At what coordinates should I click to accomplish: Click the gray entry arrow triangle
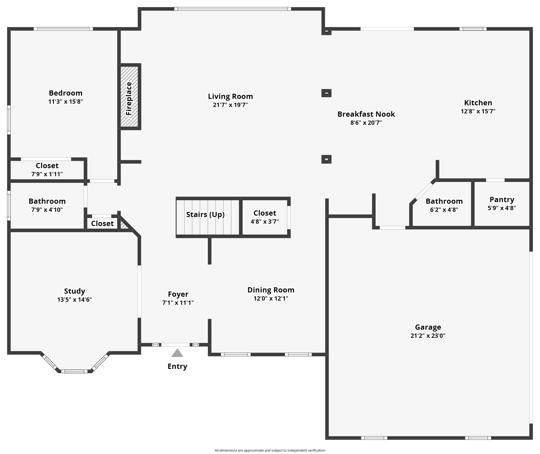(177, 353)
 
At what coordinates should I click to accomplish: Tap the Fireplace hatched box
(129, 97)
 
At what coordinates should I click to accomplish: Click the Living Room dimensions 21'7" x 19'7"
(230, 105)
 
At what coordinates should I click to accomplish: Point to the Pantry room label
(502, 199)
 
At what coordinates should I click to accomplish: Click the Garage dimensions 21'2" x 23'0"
(428, 336)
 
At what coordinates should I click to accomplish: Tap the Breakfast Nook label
(366, 114)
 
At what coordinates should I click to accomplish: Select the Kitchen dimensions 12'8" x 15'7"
(478, 111)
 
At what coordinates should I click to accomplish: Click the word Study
(74, 291)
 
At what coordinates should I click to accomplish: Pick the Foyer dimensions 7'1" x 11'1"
(178, 303)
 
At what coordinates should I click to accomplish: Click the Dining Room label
(271, 290)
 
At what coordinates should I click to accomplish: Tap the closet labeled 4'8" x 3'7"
(265, 217)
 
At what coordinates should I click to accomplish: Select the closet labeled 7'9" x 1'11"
(47, 170)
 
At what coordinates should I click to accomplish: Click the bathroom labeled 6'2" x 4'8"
(444, 205)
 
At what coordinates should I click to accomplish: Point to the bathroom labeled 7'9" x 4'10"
(47, 205)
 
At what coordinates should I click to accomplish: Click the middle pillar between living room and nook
(326, 93)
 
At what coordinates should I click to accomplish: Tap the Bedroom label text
(66, 93)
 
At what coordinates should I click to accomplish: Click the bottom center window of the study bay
(74, 371)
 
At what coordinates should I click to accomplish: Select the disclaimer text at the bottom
(270, 450)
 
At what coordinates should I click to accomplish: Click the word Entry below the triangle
(177, 366)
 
